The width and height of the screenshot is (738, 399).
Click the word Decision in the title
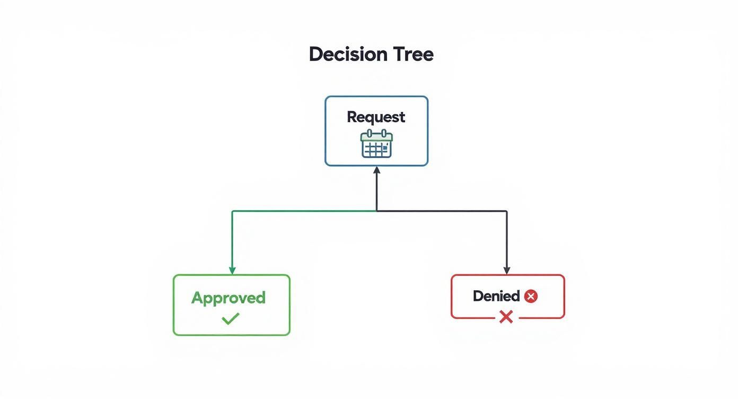point(348,54)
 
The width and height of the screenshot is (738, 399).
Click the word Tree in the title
point(414,55)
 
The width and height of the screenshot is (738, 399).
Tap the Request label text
point(376,118)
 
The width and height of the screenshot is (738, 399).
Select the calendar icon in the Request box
point(376,144)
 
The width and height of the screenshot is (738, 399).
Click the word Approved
point(229,298)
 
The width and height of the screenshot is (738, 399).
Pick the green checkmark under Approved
point(231,319)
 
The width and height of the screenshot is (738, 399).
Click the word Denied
point(496,296)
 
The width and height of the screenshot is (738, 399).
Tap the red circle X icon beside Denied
point(531,296)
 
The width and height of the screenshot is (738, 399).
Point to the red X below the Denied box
point(506,317)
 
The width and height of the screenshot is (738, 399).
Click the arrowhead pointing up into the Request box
point(376,170)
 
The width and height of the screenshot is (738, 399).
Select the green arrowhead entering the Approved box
point(232,271)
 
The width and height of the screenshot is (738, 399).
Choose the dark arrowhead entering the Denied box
point(507,271)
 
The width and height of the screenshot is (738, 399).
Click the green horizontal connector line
point(304,211)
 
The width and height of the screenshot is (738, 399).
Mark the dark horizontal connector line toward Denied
point(442,211)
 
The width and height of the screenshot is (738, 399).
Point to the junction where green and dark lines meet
point(376,211)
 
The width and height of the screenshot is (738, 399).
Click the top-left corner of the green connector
point(232,211)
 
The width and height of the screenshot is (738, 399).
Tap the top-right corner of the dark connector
point(507,211)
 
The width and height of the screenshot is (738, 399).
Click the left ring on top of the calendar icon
point(370,133)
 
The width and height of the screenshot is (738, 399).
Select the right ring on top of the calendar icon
point(384,133)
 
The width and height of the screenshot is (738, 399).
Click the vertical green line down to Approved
point(232,239)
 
